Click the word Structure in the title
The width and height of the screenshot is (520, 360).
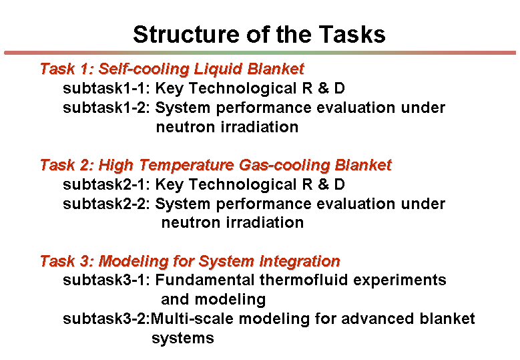point(186,35)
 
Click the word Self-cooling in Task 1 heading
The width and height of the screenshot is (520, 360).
point(144,69)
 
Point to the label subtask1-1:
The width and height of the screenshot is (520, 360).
point(106,88)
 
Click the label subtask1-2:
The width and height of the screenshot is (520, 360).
point(106,108)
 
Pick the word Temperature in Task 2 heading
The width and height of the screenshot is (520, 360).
point(186,165)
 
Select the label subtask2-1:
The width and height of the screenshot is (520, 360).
point(106,184)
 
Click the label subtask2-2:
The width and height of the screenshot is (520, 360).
point(106,204)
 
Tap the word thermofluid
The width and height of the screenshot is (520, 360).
point(304,280)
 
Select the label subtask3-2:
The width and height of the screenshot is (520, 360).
point(106,319)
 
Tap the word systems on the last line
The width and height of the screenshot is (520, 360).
point(183,339)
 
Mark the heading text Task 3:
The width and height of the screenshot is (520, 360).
point(67,261)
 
